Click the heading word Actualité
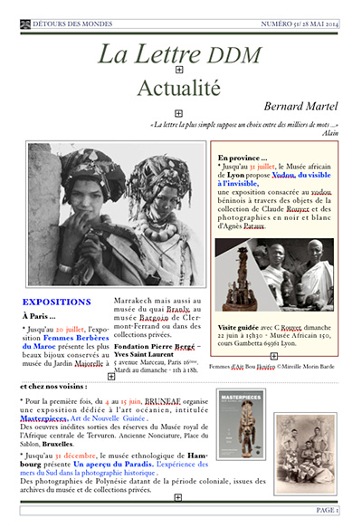[178, 88]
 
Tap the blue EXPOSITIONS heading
[56, 302]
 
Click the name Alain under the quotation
[329, 132]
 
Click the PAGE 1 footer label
[327, 511]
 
